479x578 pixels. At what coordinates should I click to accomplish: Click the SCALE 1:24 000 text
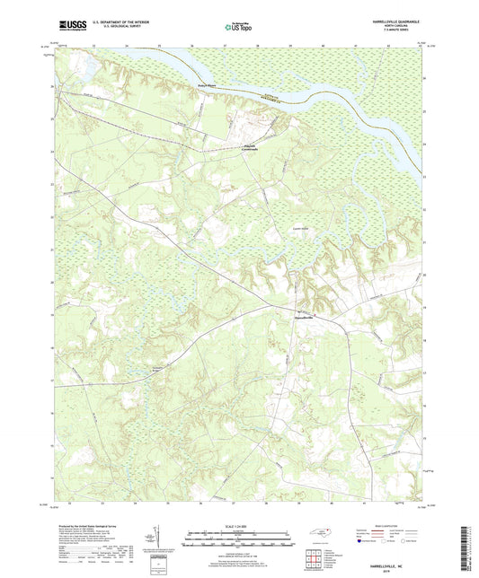(239, 525)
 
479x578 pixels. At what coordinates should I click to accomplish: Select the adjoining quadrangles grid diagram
(315, 560)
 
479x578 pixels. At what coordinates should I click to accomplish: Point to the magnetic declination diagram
(160, 540)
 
